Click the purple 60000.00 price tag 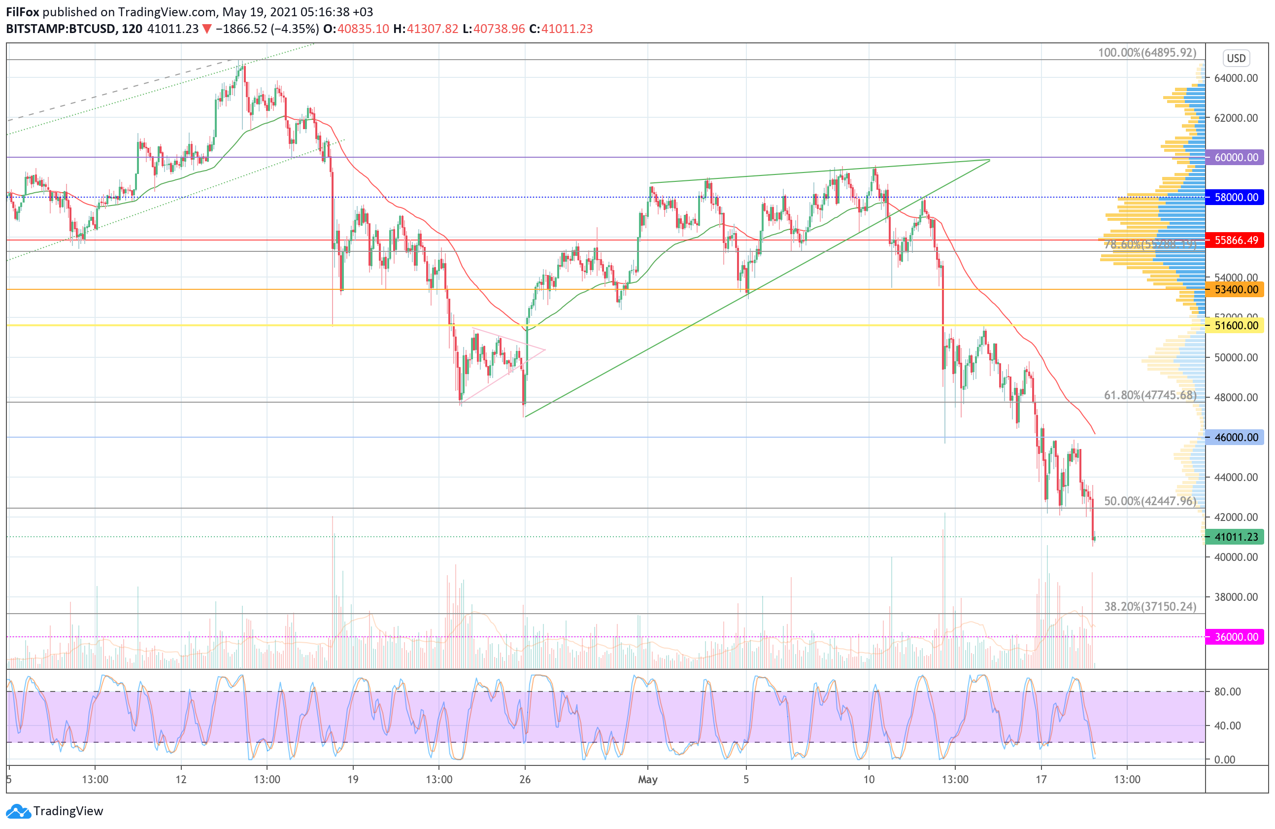coord(1236,158)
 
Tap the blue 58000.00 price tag coord(1236,197)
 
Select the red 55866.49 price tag coord(1236,240)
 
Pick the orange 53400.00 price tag coord(1236,290)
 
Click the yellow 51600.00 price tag coord(1236,325)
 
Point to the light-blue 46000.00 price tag coord(1236,437)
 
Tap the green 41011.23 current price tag coord(1236,537)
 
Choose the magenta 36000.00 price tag coord(1236,637)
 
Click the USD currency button coord(1236,58)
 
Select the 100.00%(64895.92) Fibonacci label coord(1147,53)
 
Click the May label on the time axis coord(648,780)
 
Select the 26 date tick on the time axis coord(525,780)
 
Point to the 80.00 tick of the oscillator coord(1227,692)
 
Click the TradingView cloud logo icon coord(19,811)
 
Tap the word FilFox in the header coord(23,12)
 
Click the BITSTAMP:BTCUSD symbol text coord(61,29)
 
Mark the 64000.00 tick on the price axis coord(1236,78)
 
